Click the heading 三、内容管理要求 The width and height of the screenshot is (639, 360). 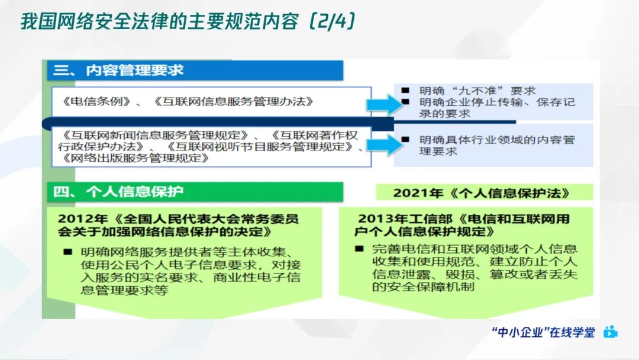[x=118, y=70]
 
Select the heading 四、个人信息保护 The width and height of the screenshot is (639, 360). [x=118, y=192]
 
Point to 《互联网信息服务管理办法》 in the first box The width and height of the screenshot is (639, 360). [x=233, y=101]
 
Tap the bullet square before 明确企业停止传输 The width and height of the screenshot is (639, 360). [x=405, y=102]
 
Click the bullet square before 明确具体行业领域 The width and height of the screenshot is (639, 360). [x=405, y=140]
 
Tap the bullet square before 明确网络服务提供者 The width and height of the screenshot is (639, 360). [x=68, y=252]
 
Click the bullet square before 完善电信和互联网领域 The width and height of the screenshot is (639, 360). [x=359, y=249]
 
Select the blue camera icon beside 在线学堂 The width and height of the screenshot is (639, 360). [x=611, y=332]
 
